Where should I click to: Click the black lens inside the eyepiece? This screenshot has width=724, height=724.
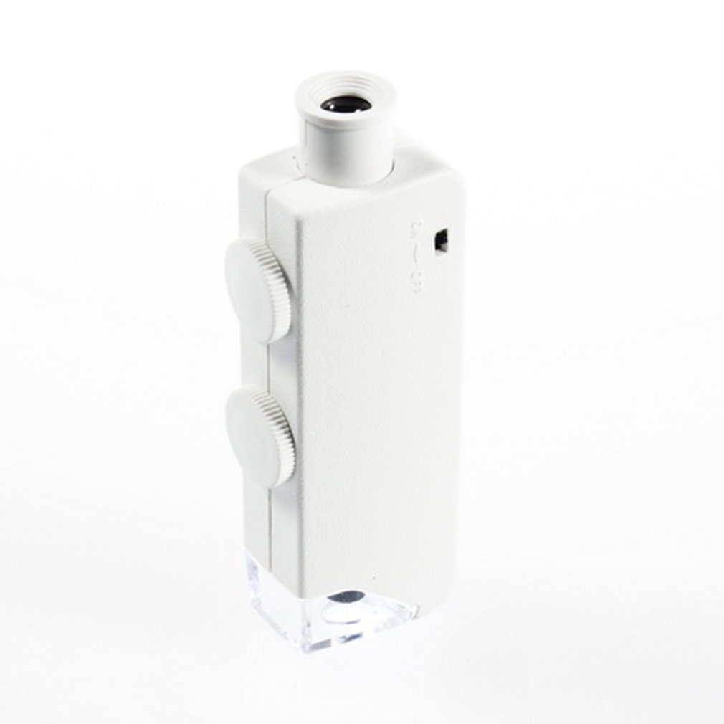click(x=346, y=105)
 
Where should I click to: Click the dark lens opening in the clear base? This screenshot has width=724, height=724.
click(x=348, y=595)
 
